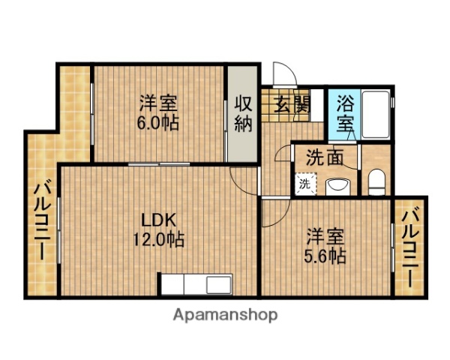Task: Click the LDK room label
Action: [x=160, y=220]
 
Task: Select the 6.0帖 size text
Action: [x=158, y=122]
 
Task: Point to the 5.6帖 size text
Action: [x=325, y=256]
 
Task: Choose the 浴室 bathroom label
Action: [x=345, y=112]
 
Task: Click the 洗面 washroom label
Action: [x=325, y=158]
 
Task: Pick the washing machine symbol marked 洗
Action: [x=304, y=182]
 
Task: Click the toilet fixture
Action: [x=376, y=181]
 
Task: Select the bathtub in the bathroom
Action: [x=375, y=115]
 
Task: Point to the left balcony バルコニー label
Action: [x=41, y=217]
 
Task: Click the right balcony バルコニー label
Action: [x=410, y=247]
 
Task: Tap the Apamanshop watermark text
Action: [x=225, y=315]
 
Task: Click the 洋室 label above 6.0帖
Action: [x=158, y=103]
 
